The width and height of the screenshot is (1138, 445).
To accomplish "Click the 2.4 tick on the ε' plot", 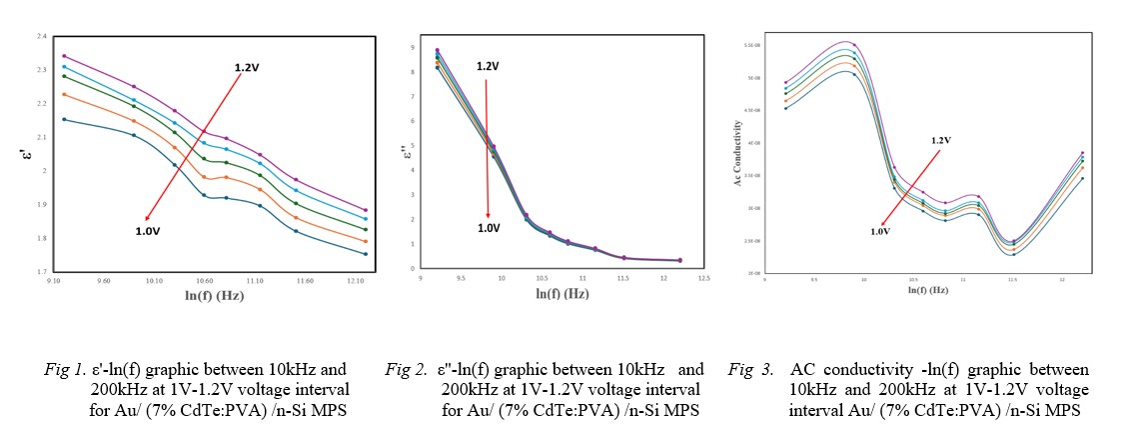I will [40, 37].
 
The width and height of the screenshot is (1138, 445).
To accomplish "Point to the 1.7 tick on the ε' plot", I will [40, 272].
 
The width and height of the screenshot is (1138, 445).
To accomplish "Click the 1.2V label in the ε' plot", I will [247, 67].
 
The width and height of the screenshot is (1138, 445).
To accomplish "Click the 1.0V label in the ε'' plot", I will [488, 228].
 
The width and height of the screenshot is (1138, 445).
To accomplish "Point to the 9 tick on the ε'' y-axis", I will [426, 47].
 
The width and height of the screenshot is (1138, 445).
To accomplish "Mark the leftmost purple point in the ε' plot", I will [64, 56].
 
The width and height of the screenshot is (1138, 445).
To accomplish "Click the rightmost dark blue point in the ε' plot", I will [365, 254].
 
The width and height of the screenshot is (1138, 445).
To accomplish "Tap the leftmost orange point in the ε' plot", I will [64, 94].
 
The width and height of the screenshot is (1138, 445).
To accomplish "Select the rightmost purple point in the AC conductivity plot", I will [1082, 153].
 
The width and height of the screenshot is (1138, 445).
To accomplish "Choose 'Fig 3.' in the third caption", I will [748, 369].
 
